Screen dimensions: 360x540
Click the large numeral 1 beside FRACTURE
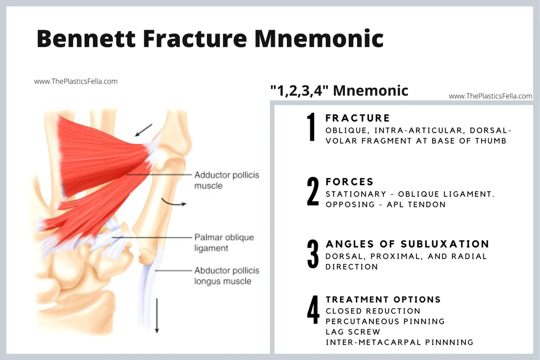coord(312,127)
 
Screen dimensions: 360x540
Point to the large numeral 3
coord(313,254)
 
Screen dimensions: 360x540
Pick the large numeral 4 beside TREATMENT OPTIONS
coord(313,311)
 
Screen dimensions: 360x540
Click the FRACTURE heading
coord(357,118)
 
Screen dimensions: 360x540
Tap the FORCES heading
coord(349,182)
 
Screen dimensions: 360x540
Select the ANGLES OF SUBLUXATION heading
coord(407,244)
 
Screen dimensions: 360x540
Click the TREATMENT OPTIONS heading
coord(383,300)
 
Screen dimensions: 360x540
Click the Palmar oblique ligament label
coord(224,243)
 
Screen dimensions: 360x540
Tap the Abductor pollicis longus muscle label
coord(227,276)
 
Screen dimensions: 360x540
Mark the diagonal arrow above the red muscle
coord(144,130)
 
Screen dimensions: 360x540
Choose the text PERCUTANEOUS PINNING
coord(385,322)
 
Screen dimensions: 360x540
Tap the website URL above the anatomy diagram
coord(76,81)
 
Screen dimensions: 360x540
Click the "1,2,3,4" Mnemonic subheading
coord(339,91)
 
